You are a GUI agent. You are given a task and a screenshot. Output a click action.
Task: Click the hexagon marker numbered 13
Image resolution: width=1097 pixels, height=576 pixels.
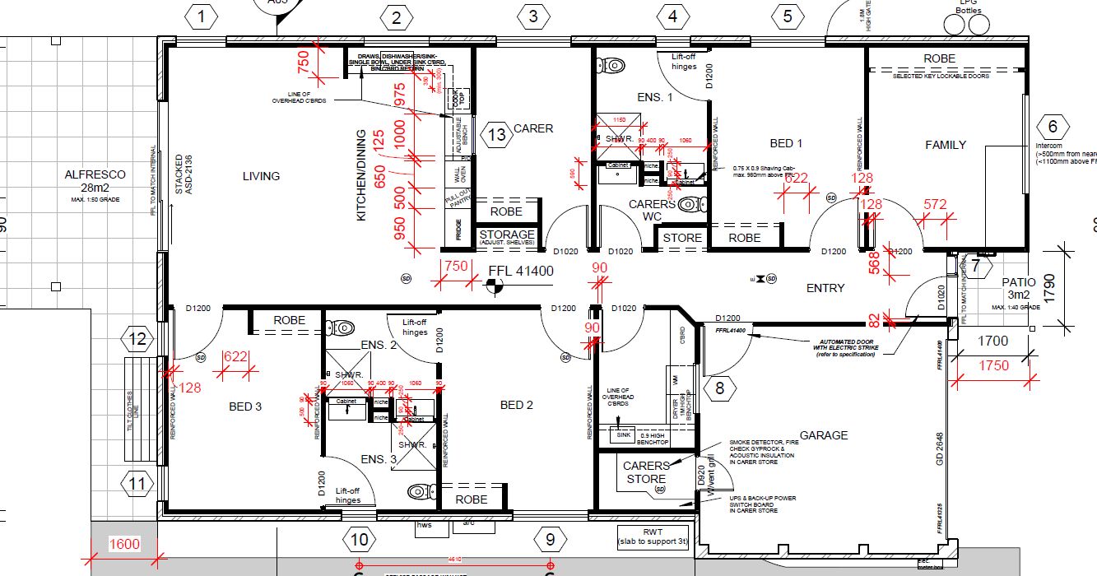pyautogui.click(x=497, y=135)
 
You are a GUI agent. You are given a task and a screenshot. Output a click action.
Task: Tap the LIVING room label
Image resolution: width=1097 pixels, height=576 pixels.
pyautogui.click(x=261, y=176)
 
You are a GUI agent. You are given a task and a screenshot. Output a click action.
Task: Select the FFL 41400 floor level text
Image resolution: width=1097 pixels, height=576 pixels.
pyautogui.click(x=521, y=272)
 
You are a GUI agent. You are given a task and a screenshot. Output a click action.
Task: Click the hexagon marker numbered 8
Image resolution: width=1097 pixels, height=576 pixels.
pyautogui.click(x=720, y=388)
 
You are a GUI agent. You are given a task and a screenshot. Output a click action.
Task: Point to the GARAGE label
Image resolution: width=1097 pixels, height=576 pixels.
pyautogui.click(x=823, y=435)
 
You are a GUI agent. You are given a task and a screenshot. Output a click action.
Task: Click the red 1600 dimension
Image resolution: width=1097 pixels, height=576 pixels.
pyautogui.click(x=125, y=544)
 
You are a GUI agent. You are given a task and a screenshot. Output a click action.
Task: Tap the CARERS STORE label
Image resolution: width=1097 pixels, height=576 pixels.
pyautogui.click(x=646, y=472)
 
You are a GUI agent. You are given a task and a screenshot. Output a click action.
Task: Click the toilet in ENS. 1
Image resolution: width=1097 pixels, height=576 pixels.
pyautogui.click(x=611, y=65)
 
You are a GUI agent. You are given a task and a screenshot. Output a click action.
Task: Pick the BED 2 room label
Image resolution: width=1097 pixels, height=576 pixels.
pyautogui.click(x=517, y=405)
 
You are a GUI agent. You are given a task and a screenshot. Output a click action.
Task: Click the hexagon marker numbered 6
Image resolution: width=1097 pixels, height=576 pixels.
pyautogui.click(x=1052, y=128)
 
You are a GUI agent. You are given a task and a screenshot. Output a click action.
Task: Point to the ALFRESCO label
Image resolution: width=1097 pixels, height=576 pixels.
pyautogui.click(x=95, y=174)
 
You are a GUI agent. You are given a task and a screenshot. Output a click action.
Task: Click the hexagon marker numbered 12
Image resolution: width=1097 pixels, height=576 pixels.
pyautogui.click(x=137, y=339)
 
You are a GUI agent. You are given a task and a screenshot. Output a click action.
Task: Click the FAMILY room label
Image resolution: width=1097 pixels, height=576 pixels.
pyautogui.click(x=946, y=145)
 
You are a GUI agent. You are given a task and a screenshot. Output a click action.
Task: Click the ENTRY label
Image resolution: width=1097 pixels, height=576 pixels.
pyautogui.click(x=825, y=288)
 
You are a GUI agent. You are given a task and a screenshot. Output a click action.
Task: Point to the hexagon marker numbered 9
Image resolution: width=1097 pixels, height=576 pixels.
pyautogui.click(x=550, y=540)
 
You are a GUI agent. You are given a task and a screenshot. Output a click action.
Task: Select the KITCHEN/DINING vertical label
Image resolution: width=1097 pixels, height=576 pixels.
pyautogui.click(x=360, y=175)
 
